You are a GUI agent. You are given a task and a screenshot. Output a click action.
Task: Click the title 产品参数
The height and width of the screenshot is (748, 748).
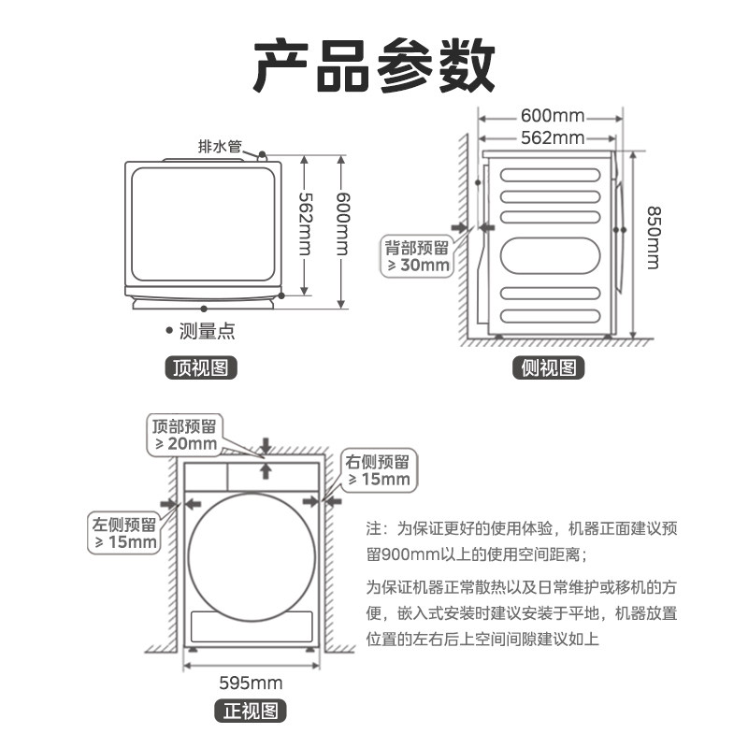point(374,65)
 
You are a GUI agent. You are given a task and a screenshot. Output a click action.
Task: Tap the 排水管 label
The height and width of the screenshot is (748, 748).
point(220,146)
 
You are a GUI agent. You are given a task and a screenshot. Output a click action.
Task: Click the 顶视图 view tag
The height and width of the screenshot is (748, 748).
point(200,367)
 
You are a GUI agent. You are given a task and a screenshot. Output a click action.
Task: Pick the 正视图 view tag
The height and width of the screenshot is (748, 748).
point(252,712)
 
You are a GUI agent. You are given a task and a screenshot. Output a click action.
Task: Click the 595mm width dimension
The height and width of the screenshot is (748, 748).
point(251,683)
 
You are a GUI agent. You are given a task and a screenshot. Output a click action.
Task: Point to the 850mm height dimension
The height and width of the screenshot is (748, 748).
point(653,237)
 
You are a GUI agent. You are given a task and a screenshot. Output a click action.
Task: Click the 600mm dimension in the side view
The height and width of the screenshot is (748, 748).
point(552,116)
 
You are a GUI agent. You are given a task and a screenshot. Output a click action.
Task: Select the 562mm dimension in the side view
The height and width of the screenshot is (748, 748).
point(552,138)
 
